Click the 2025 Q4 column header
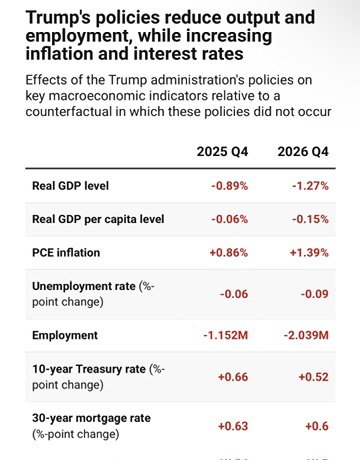(x=222, y=152)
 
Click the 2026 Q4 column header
(x=303, y=152)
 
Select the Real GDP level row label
(x=70, y=186)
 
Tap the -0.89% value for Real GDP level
(x=230, y=186)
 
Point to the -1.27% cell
(x=310, y=186)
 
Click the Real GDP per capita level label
(x=98, y=219)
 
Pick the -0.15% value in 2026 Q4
(x=310, y=219)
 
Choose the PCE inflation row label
(x=66, y=253)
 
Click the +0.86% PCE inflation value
(x=229, y=253)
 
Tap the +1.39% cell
(x=309, y=253)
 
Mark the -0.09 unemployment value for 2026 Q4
(x=315, y=294)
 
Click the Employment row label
(x=65, y=335)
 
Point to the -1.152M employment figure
(x=226, y=335)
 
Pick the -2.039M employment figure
(x=306, y=335)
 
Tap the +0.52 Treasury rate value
(x=314, y=377)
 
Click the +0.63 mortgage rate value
(x=233, y=426)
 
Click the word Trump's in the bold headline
(x=58, y=17)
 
